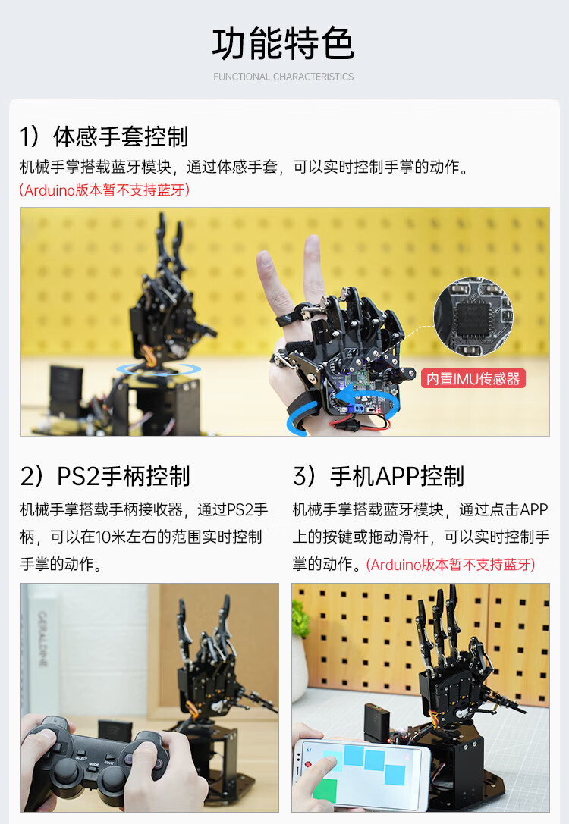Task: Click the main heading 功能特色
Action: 284,44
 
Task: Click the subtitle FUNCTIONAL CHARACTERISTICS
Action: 284,77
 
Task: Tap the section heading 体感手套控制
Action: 121,136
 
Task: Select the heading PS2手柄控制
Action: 123,476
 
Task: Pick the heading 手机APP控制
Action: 397,476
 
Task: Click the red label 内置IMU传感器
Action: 473,378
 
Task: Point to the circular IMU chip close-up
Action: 473,317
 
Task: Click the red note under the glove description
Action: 104,190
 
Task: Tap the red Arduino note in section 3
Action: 451,565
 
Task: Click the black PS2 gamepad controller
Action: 97,757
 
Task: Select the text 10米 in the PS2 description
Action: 111,537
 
